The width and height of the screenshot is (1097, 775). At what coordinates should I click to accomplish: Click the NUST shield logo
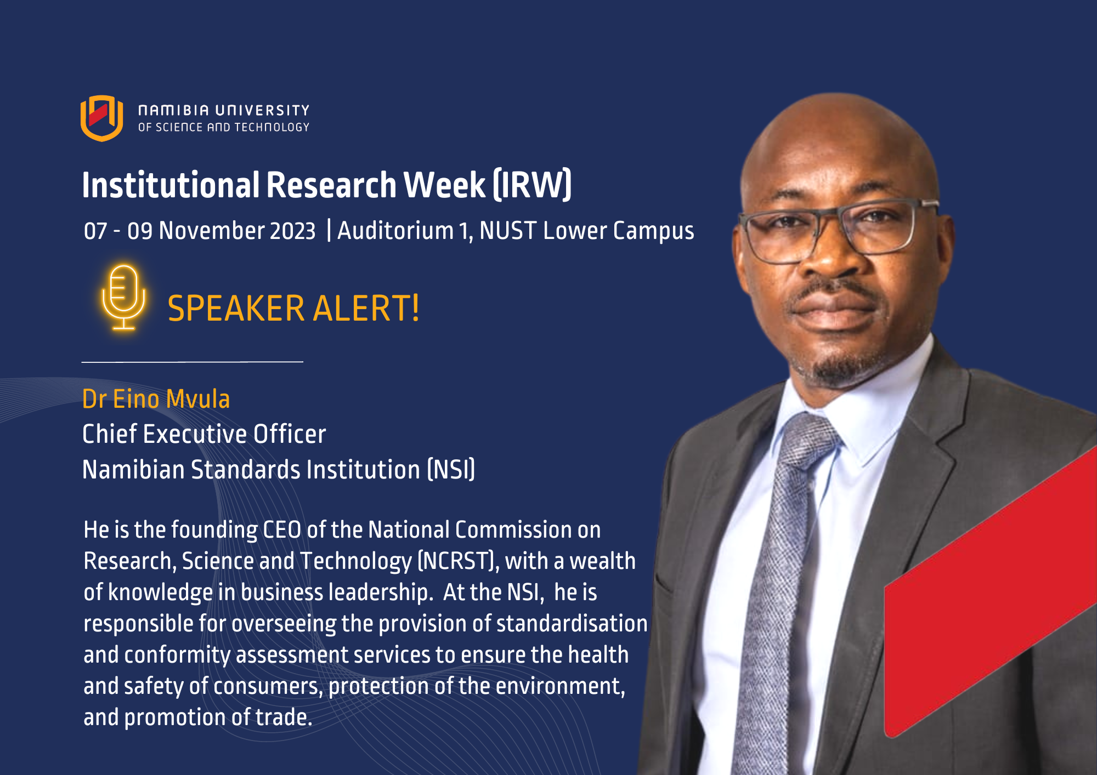click(101, 118)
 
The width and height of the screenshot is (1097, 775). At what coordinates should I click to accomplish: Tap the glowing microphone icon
click(123, 298)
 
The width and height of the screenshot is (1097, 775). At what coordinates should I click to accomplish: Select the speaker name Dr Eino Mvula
click(156, 399)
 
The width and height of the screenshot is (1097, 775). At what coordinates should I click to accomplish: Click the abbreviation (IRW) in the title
click(532, 185)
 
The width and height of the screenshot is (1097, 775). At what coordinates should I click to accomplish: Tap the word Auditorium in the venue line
click(395, 231)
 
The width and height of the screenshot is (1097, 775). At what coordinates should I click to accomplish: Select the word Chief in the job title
click(109, 434)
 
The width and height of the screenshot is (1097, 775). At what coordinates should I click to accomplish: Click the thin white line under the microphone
click(192, 362)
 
